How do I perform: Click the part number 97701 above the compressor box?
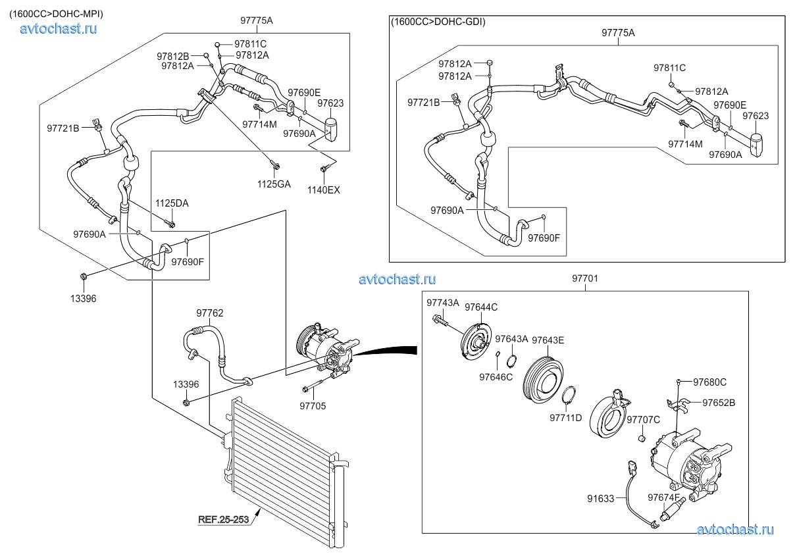[x=585, y=278]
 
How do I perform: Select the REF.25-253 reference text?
[x=224, y=520]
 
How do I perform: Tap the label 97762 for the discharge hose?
[x=210, y=313]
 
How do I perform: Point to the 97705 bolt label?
[x=313, y=406]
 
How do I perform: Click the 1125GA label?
[x=274, y=184]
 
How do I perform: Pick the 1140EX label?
[x=324, y=190]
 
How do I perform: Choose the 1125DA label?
[x=172, y=203]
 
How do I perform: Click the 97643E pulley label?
[x=548, y=340]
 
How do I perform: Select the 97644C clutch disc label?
[x=481, y=307]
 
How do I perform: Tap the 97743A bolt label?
[x=443, y=303]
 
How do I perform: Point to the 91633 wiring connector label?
[x=600, y=499]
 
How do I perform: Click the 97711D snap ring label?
[x=566, y=418]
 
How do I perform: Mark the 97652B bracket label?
[x=719, y=403]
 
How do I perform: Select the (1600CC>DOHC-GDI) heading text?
[x=438, y=22]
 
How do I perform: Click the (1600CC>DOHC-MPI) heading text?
[x=56, y=14]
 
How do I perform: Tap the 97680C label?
[x=710, y=382]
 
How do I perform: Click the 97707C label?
[x=643, y=420]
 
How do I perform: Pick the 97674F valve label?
[x=663, y=497]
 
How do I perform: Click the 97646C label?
[x=496, y=377]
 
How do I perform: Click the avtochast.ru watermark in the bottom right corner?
[x=735, y=530]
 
